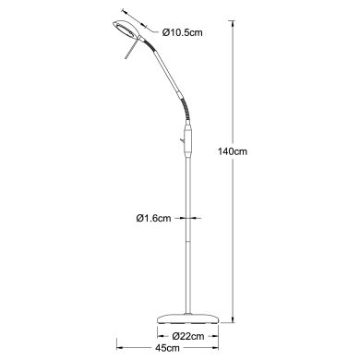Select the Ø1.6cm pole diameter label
(150, 219)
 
